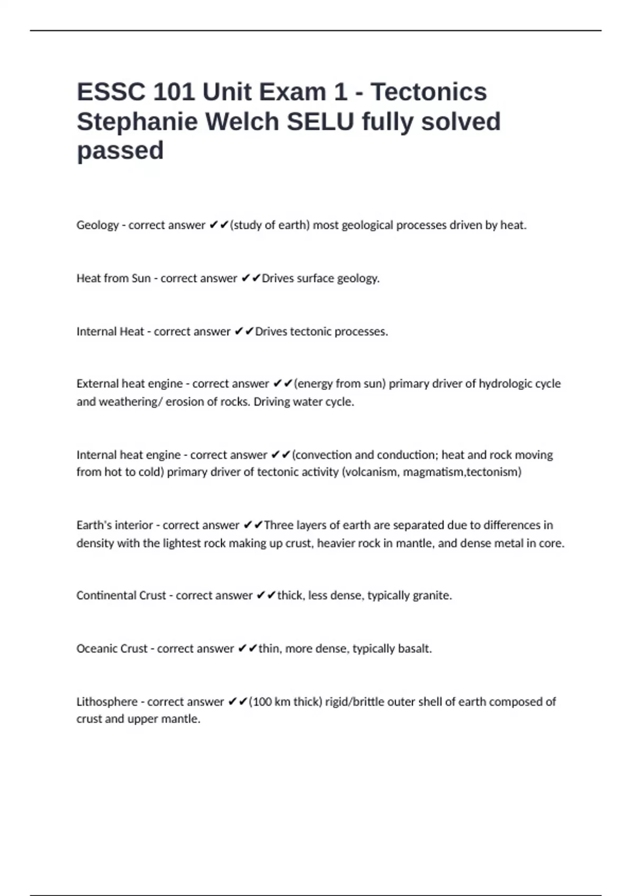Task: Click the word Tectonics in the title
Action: (429, 92)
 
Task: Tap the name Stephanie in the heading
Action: (137, 122)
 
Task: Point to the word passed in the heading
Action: (120, 151)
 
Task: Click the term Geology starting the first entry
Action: (97, 226)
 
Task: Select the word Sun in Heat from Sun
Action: (141, 278)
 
